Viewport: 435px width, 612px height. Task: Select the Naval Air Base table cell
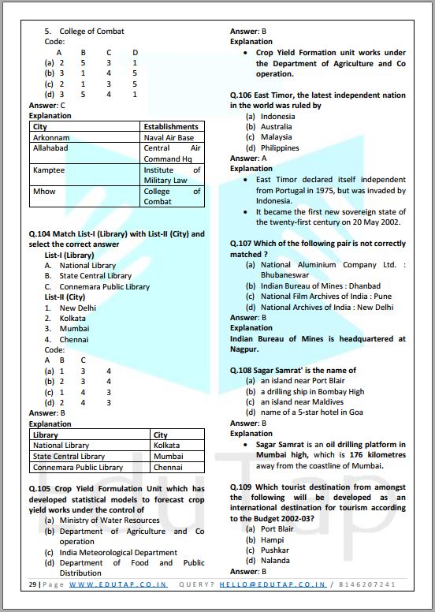pos(168,137)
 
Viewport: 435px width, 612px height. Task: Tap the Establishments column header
pos(170,126)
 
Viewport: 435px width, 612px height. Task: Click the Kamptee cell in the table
pos(49,170)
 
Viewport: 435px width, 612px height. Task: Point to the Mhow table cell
pos(43,191)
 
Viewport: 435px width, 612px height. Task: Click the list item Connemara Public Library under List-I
pos(104,287)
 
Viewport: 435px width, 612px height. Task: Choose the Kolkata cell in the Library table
pos(166,446)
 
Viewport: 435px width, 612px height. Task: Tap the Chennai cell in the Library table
pos(168,468)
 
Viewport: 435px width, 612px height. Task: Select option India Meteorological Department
pos(118,552)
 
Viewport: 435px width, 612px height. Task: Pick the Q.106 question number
pos(241,95)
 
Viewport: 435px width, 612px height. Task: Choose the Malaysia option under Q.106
pos(276,137)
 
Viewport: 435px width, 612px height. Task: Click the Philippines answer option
pos(280,147)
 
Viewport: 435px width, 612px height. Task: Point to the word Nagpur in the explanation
pos(244,349)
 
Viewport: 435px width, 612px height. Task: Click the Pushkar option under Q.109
pos(274,550)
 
